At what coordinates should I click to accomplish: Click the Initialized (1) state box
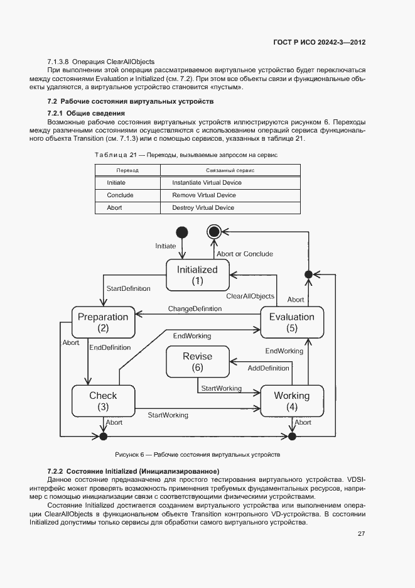197,275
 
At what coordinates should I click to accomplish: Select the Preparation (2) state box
103,322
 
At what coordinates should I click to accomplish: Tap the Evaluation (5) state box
291,322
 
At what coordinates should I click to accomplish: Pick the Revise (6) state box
197,362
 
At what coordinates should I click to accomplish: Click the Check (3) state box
103,401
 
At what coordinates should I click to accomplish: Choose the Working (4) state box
291,401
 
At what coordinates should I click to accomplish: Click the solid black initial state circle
182,232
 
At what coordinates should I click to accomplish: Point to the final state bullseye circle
214,232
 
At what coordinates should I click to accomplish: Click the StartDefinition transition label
128,288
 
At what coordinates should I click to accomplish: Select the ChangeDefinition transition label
195,308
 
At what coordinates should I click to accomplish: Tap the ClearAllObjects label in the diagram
250,296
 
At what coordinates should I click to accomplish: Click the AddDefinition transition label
268,367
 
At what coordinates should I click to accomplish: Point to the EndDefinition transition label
110,347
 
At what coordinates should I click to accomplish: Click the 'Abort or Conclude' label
245,254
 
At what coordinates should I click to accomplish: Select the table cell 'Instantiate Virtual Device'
207,183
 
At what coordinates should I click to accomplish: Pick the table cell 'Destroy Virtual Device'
203,208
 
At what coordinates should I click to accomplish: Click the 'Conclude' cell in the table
120,195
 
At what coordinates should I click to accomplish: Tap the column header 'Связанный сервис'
230,170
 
